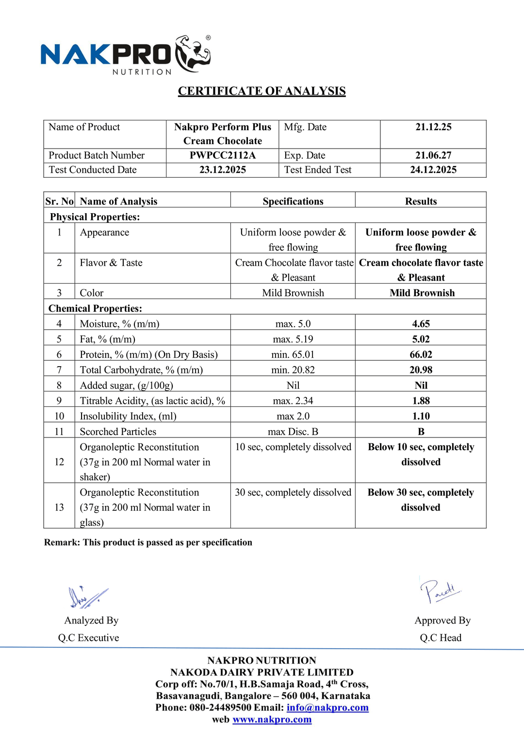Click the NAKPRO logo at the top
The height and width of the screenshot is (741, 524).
click(x=125, y=54)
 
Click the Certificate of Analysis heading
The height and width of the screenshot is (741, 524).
click(x=262, y=91)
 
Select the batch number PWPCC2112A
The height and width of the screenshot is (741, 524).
click(x=223, y=155)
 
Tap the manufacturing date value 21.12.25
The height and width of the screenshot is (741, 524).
click(x=433, y=127)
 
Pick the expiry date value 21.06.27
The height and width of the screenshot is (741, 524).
click(x=433, y=155)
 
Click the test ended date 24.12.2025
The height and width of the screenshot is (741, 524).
click(x=433, y=169)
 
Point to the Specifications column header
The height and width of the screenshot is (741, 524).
click(x=293, y=202)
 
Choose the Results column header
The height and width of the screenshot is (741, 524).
click(x=421, y=202)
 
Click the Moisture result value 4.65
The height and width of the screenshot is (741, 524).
click(x=421, y=324)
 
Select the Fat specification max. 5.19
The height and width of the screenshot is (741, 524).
click(x=293, y=339)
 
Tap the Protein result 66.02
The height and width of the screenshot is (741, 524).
click(x=421, y=354)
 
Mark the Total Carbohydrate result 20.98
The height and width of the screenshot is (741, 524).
click(x=421, y=370)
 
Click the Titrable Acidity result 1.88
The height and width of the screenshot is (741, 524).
click(x=421, y=401)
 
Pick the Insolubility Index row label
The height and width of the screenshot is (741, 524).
click(x=128, y=416)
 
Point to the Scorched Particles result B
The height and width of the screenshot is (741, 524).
click(x=421, y=432)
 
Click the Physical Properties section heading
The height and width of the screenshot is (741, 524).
click(x=95, y=217)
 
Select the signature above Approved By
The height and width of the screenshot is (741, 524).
click(x=440, y=590)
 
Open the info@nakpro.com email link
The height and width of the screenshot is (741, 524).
click(x=327, y=707)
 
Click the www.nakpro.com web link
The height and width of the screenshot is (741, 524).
click(x=272, y=720)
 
